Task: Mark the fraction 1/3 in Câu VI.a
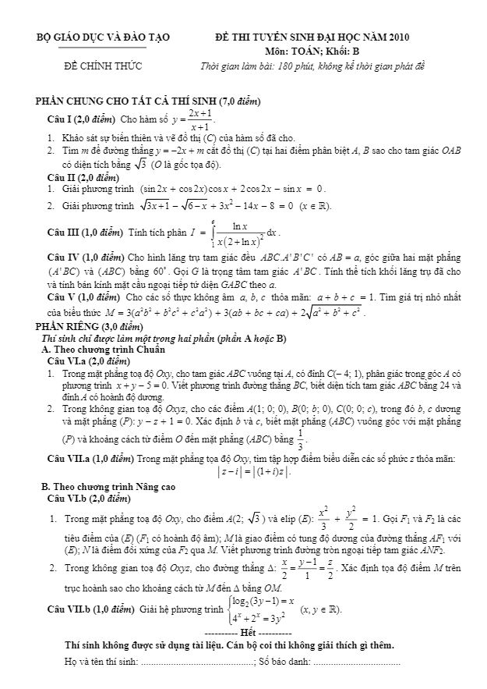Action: [301, 437]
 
